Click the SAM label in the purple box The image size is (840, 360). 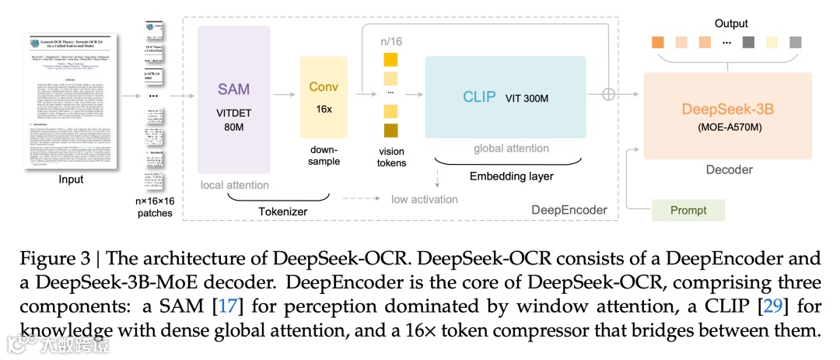point(233,89)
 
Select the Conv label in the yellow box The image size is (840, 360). point(324,86)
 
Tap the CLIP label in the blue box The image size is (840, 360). point(479,96)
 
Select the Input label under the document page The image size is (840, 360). point(70,180)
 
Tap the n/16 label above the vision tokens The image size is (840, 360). point(390,41)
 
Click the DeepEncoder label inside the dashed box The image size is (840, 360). point(569,209)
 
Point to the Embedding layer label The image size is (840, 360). point(511,177)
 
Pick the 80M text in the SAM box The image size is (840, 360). point(234,127)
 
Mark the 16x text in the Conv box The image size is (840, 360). point(324,109)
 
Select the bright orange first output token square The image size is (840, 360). point(659,41)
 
